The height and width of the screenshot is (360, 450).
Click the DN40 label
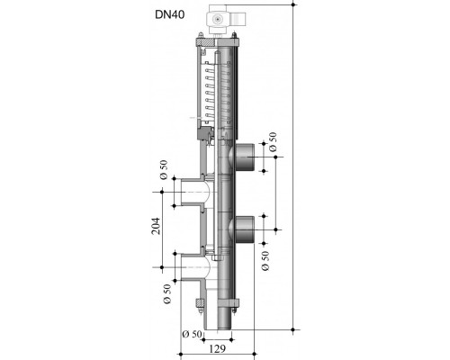coord(170,14)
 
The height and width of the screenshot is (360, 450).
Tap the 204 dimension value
coord(156,226)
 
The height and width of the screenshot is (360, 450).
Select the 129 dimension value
coord(217,348)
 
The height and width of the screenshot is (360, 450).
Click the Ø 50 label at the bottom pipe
coord(192,334)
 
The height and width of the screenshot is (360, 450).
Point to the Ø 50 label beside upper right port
coord(273,142)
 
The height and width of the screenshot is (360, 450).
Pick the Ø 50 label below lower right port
coord(265,261)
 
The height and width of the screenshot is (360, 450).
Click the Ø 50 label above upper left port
coord(164,170)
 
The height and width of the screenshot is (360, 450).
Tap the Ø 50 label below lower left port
coord(167,293)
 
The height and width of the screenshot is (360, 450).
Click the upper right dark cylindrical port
coord(245,157)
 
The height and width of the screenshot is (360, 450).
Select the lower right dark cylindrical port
coord(245,229)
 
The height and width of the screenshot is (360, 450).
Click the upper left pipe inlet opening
coord(192,192)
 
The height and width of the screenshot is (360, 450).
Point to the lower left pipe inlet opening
coord(192,267)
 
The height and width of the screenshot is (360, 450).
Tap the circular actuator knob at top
coord(216,20)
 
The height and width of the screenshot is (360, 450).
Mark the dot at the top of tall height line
coord(293,4)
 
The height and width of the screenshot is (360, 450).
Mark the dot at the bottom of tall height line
coord(293,329)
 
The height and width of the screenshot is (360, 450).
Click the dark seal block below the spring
coord(203,133)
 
